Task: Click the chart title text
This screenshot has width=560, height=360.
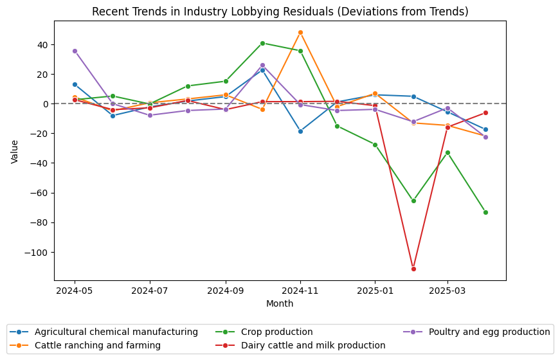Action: (280, 12)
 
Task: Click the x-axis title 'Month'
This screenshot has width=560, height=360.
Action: (280, 303)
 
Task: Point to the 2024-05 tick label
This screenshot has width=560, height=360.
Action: (75, 291)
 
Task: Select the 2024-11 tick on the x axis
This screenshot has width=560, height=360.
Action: (300, 291)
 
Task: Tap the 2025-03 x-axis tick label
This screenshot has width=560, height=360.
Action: (447, 291)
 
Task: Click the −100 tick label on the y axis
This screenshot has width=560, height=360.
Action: (37, 253)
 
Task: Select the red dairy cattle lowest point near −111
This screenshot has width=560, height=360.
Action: (413, 269)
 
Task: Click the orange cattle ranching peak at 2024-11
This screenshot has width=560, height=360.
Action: (300, 32)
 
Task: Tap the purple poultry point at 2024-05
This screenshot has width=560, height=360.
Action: (75, 51)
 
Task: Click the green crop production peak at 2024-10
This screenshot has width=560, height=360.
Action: (262, 43)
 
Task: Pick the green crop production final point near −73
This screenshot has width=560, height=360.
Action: (485, 212)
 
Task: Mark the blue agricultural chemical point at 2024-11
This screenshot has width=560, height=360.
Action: (300, 131)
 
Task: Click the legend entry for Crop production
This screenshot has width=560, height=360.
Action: (276, 332)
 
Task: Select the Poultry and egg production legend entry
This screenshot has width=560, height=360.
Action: (485, 332)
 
